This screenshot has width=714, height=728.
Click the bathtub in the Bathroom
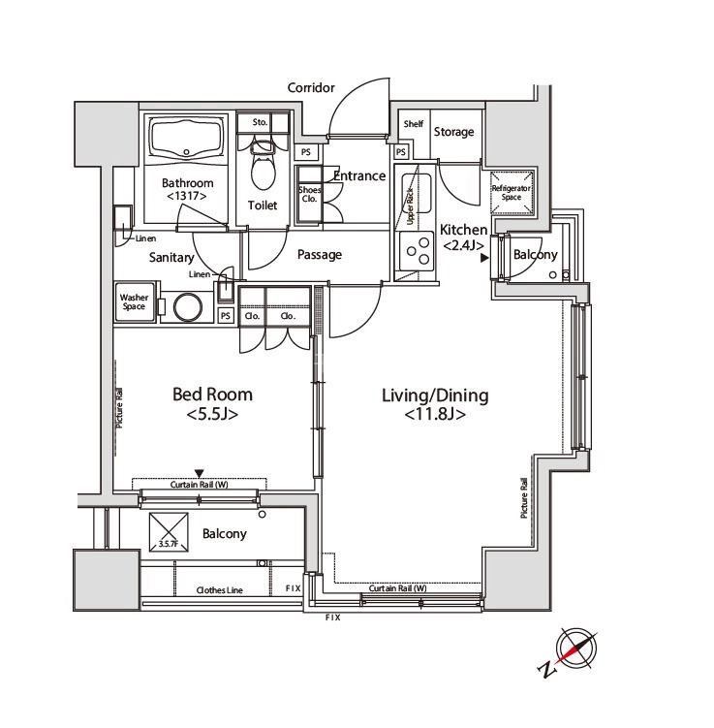point(187,139)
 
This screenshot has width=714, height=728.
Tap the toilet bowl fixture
point(263,166)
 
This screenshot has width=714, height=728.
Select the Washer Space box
point(134,301)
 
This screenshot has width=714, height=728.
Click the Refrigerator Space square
point(512,193)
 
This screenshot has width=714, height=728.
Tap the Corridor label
point(311,88)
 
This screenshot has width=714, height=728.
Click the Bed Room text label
point(212,395)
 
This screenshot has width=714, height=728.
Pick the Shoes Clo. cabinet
point(309,194)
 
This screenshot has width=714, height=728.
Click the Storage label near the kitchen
point(453,132)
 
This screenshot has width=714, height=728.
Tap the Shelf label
point(414,124)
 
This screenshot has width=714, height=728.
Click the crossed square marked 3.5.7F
point(169,532)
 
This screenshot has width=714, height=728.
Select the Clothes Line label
point(220,590)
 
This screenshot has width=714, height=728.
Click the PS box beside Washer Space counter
point(225,316)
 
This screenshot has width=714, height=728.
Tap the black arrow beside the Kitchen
point(484,258)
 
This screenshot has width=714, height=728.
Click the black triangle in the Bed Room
point(199,474)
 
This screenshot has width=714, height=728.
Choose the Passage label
point(320,254)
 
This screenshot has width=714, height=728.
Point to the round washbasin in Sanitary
point(188,307)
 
